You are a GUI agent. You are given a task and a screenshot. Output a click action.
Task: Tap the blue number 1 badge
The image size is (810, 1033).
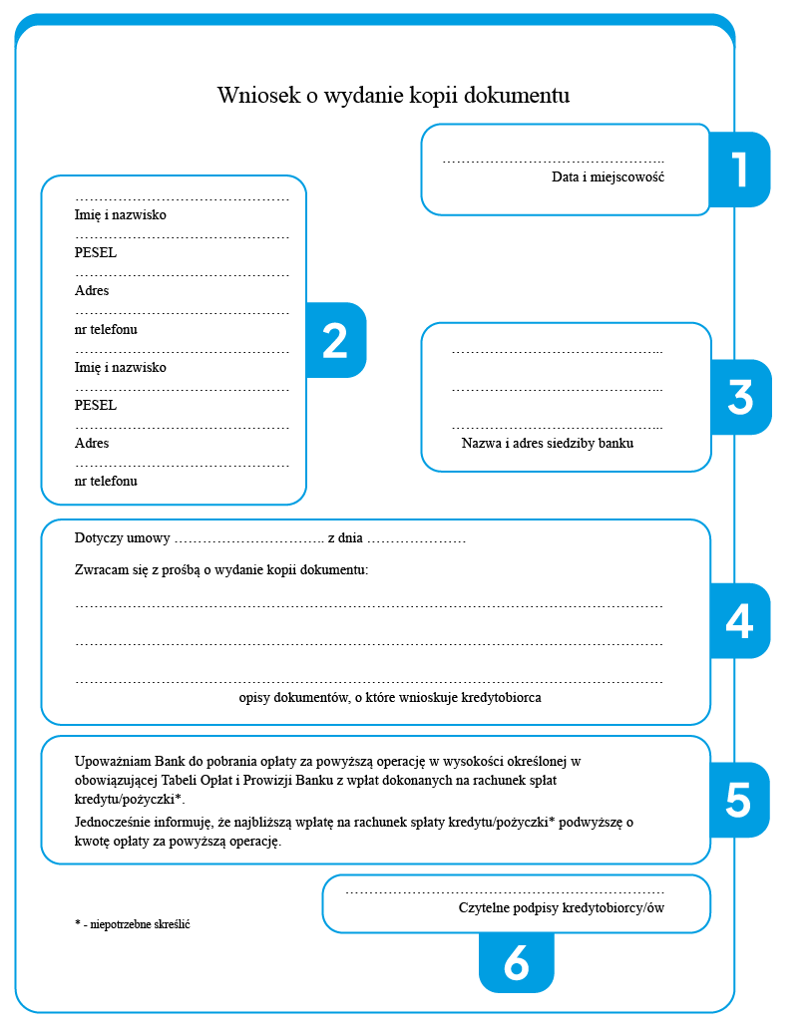coord(739,170)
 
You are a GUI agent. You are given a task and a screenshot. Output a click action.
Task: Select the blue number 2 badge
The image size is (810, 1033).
coord(335,341)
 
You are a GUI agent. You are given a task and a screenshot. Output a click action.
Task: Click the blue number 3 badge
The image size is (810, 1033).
coord(740,397)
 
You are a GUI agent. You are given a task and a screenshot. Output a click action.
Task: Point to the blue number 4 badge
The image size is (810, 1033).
coord(739,621)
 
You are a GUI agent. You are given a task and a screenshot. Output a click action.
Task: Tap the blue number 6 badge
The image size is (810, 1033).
coord(516,963)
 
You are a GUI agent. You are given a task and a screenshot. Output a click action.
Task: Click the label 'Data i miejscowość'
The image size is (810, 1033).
coord(607,177)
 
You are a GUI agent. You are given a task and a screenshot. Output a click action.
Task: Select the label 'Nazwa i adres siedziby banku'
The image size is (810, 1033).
coord(548,443)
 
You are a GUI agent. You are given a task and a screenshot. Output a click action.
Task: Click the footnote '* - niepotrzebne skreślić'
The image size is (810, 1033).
coord(132,924)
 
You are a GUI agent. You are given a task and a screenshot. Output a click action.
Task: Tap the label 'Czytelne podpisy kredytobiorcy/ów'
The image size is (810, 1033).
coord(561,907)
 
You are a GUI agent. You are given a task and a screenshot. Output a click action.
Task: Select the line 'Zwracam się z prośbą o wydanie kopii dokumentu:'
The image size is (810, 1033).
coord(221,570)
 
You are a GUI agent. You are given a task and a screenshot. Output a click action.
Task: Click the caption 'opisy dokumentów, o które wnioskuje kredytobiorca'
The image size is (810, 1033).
coord(390,698)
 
